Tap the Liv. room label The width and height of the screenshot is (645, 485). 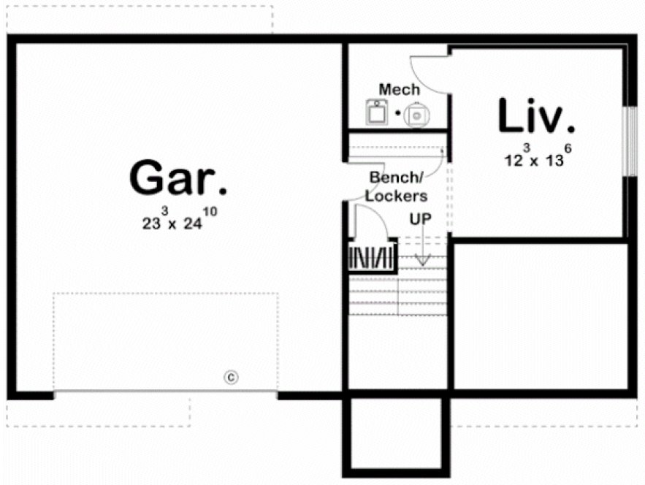535,117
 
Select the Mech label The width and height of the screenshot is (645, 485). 399,90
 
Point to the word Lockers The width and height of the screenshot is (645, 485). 397,196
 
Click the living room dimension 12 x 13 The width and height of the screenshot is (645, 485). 533,159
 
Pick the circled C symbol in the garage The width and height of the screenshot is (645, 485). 230,377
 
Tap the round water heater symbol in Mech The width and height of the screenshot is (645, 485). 416,114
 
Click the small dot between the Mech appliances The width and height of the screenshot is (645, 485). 397,113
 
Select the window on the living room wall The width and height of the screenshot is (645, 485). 626,142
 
